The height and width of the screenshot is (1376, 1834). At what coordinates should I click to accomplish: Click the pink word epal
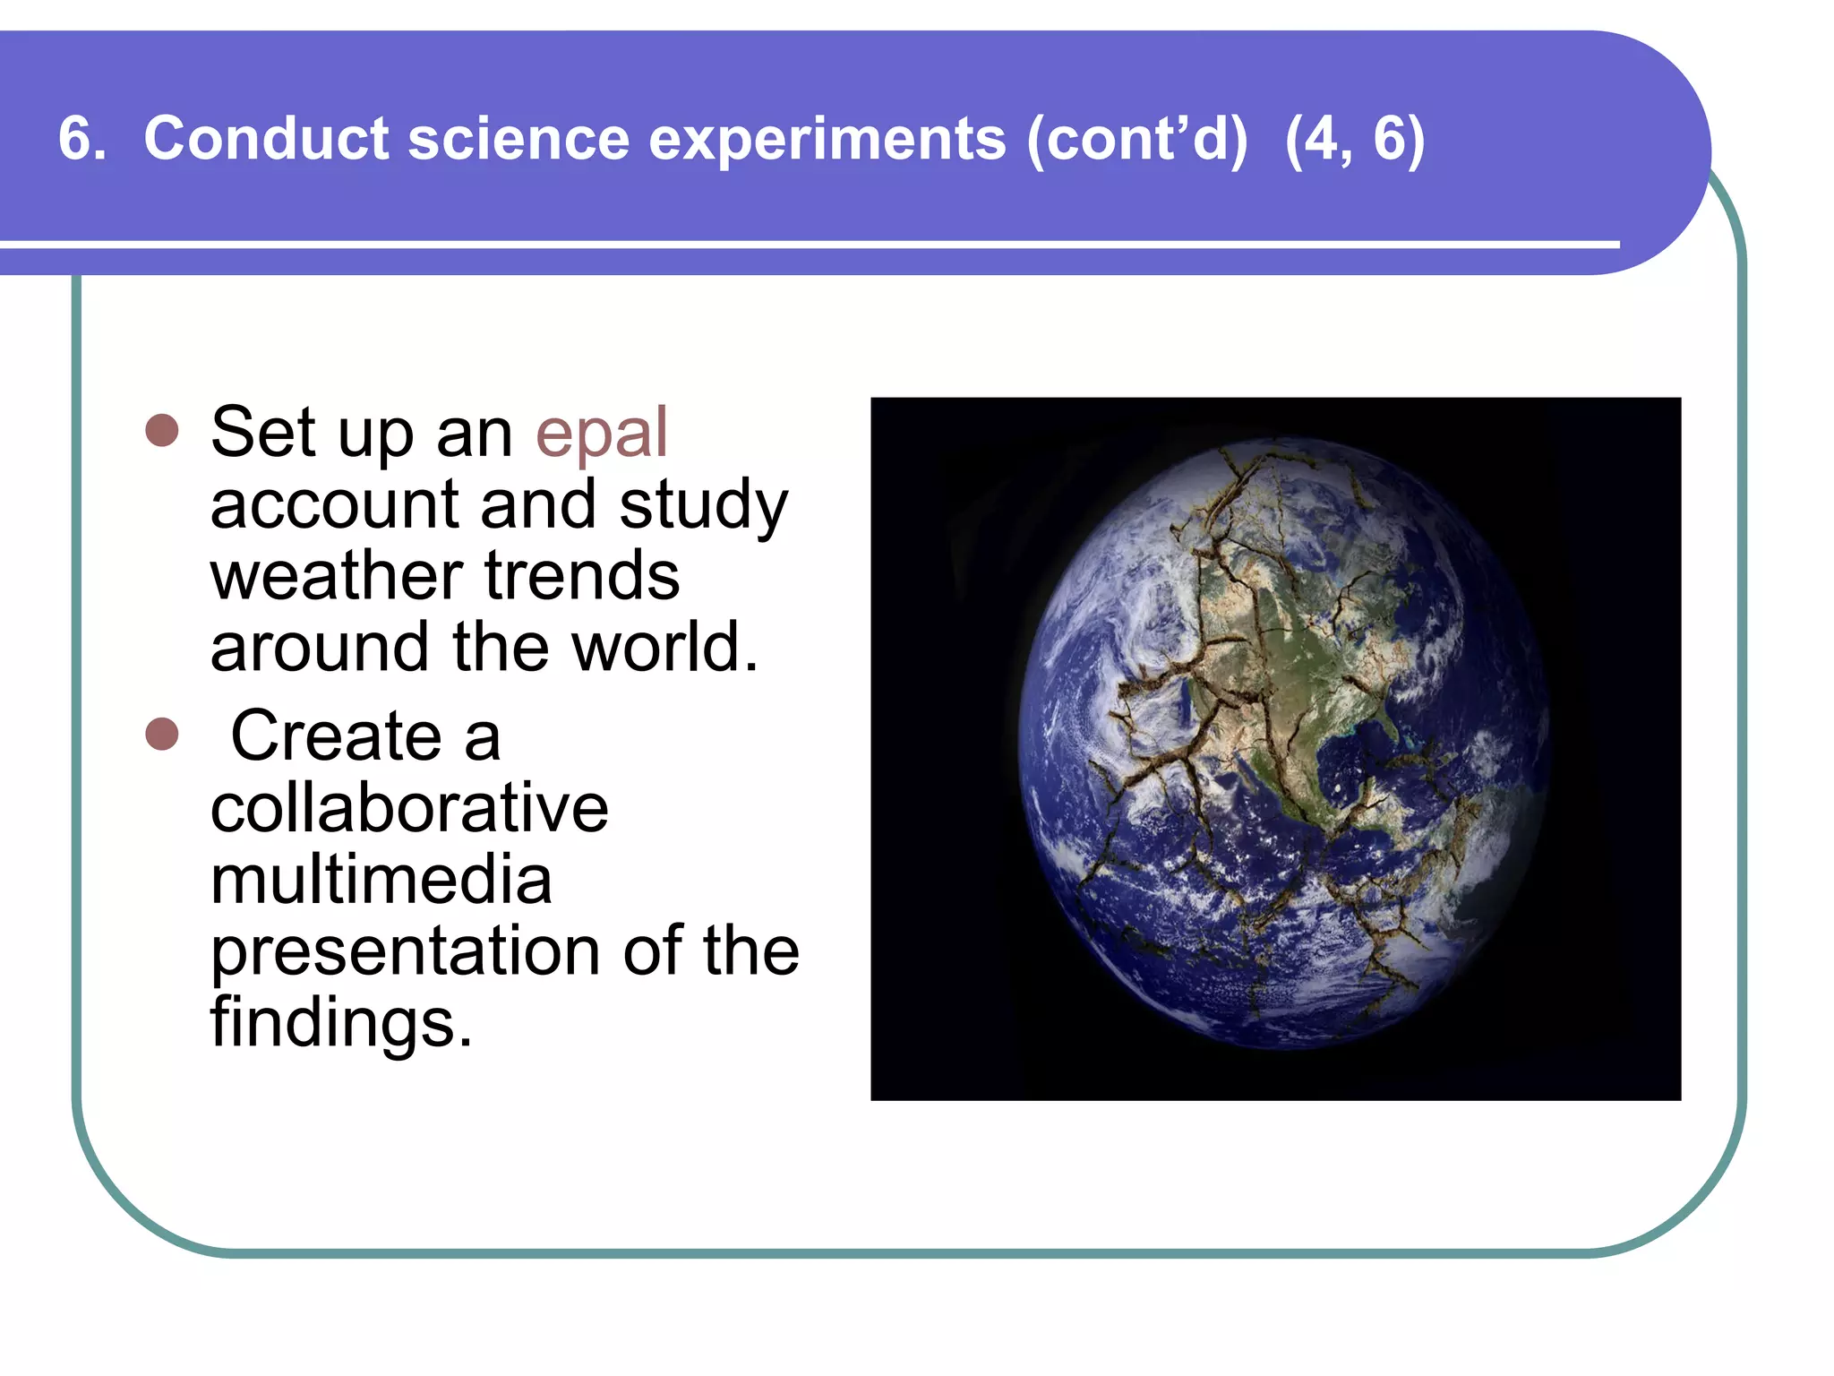click(x=601, y=434)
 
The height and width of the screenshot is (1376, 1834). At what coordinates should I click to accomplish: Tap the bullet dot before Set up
click(x=162, y=431)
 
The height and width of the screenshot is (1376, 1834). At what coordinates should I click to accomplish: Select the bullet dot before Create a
click(x=162, y=735)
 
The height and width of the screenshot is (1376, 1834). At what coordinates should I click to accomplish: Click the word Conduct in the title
click(x=266, y=139)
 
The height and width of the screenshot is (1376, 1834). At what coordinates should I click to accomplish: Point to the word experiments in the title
click(x=827, y=140)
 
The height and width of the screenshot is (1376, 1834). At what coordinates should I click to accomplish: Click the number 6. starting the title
click(x=81, y=139)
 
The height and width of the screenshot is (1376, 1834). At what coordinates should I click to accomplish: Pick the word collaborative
click(x=409, y=808)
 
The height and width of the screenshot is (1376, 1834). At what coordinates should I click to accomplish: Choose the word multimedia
click(x=381, y=880)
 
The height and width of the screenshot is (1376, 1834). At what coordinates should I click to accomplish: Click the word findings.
click(x=341, y=1022)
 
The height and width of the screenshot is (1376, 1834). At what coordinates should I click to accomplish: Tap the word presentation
click(x=405, y=950)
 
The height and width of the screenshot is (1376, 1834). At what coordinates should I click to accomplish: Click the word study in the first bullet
click(x=703, y=506)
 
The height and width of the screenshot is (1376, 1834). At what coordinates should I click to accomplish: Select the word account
click(x=334, y=504)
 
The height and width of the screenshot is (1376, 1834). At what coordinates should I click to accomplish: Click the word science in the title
click(x=518, y=139)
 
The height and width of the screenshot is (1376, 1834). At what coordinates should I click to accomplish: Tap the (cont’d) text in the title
click(x=1136, y=140)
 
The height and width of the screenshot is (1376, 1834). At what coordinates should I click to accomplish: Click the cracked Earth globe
click(x=1283, y=744)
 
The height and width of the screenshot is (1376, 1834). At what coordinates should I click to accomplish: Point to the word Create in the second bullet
click(x=336, y=736)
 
